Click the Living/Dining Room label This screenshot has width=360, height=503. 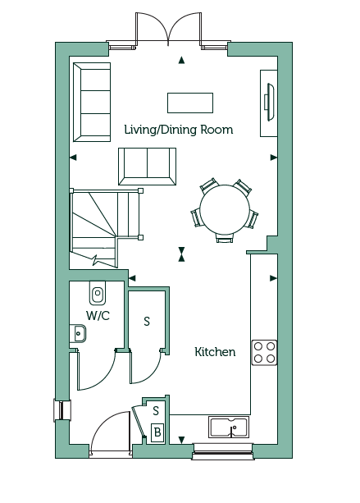[179, 130]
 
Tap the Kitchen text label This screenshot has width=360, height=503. [215, 352]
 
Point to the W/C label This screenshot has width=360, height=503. [98, 316]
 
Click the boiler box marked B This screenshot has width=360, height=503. [157, 432]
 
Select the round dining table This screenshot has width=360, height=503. [225, 209]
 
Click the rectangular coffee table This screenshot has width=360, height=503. [190, 103]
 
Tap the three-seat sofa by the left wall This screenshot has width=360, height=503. [92, 102]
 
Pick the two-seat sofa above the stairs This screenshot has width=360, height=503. [147, 167]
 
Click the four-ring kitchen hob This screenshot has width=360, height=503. [264, 353]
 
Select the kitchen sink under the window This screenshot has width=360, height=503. [229, 427]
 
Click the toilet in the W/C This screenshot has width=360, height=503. [98, 293]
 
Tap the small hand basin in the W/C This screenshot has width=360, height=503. [78, 334]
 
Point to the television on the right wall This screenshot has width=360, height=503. [269, 102]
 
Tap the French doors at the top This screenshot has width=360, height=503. [168, 30]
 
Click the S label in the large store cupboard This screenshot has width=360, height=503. [147, 321]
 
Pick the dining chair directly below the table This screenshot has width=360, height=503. [225, 238]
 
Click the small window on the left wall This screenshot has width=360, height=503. [62, 409]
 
